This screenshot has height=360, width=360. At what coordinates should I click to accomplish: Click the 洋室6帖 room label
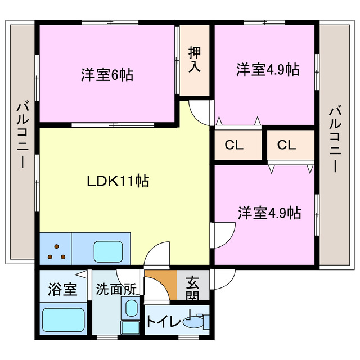click(x=107, y=74)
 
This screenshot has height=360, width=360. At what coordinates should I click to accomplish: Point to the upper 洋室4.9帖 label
click(x=267, y=70)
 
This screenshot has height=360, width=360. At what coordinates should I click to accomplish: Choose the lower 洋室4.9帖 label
click(x=269, y=213)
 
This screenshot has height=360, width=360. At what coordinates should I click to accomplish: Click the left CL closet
click(x=233, y=145)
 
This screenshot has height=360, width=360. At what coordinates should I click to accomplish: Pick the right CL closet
click(x=286, y=145)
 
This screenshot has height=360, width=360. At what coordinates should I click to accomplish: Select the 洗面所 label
click(x=116, y=290)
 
